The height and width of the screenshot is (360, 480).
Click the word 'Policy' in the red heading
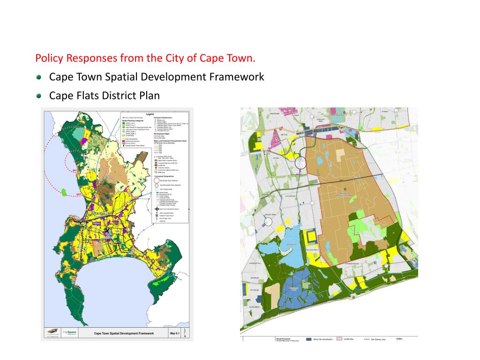(x=49, y=59)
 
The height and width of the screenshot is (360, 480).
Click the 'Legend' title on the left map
(x=150, y=114)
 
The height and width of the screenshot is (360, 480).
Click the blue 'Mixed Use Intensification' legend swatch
(x=309, y=339)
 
